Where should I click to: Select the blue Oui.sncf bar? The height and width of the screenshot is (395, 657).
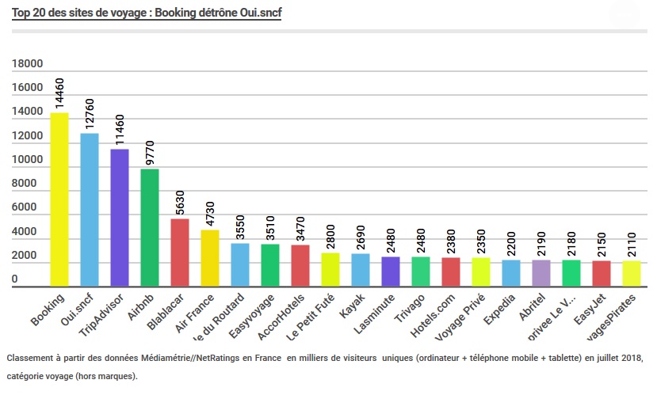click(90, 210)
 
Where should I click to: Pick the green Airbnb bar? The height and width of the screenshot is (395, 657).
click(150, 228)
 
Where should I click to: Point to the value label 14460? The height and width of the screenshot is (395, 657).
click(59, 93)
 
